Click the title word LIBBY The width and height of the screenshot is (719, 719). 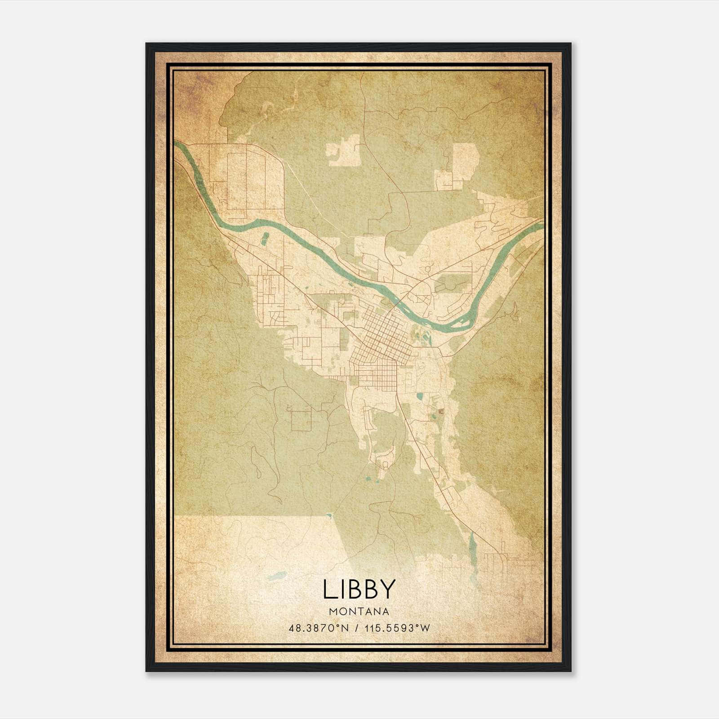pos(359,589)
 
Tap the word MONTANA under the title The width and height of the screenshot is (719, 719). pos(359,612)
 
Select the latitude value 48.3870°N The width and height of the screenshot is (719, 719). pos(319,628)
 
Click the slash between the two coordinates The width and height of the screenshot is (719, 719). pos(357,628)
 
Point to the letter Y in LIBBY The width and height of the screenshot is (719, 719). pos(388,589)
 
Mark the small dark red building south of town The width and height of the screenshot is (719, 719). pos(440,410)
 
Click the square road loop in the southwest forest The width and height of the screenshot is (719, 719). pos(301,420)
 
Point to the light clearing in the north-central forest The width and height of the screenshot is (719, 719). pos(344,150)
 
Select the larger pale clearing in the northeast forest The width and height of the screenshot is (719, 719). pos(463,162)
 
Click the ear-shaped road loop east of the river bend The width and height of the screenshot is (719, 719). pos(515,311)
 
